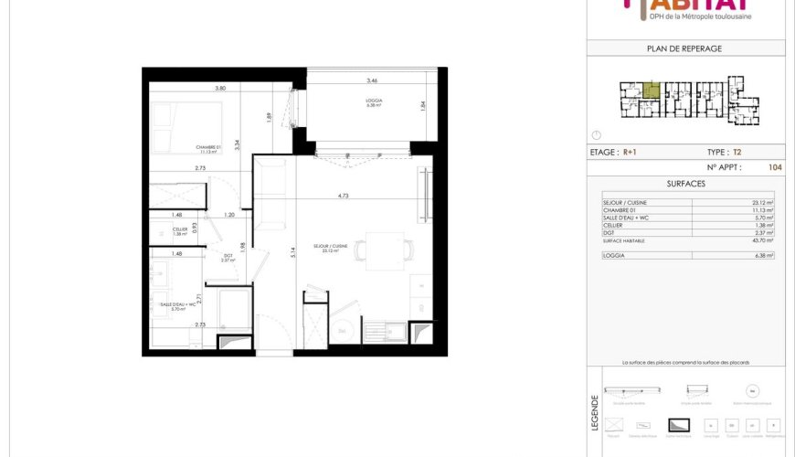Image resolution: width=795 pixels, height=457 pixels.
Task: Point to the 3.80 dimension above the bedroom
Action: click(x=220, y=89)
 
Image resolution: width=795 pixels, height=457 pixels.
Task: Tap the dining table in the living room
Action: click(x=385, y=250)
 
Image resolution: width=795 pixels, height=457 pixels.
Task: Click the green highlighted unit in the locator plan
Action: click(x=651, y=90)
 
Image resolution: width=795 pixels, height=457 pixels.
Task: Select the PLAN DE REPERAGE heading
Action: click(x=684, y=48)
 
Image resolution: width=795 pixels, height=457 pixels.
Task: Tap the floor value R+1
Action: click(x=631, y=153)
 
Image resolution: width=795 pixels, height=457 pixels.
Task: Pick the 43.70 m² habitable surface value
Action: click(x=763, y=240)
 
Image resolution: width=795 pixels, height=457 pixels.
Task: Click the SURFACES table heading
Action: click(x=684, y=183)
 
